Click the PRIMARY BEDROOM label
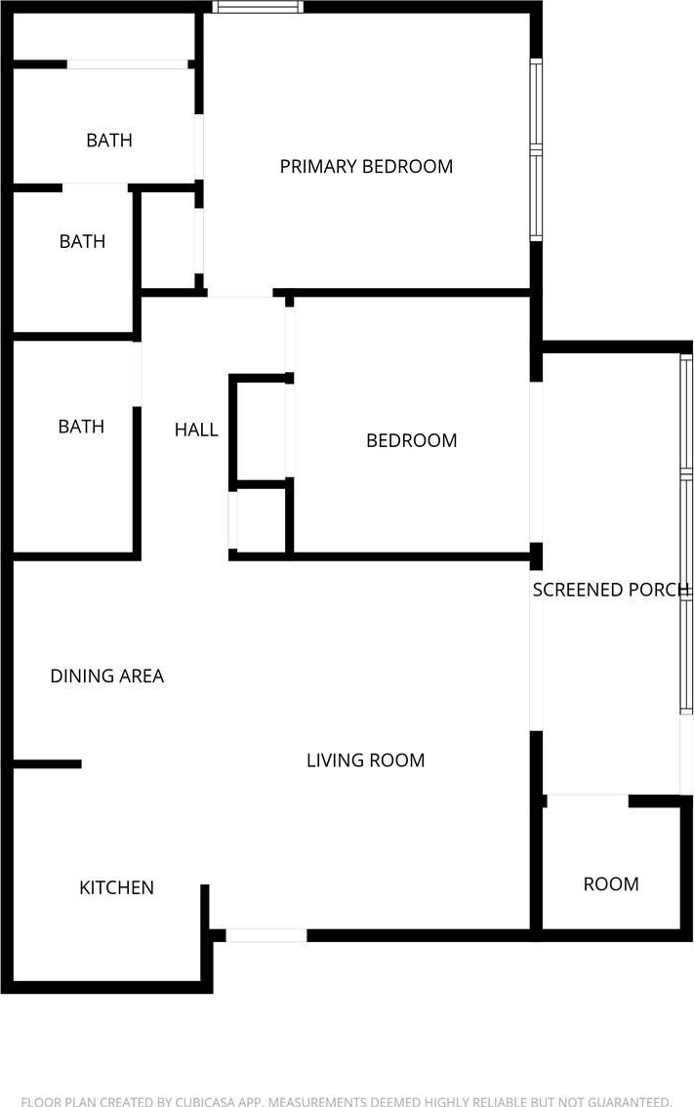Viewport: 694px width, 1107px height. point(366,166)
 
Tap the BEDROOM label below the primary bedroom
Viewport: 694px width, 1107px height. point(411,440)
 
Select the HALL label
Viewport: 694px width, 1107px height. point(196,430)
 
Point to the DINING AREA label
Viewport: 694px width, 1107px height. point(106,676)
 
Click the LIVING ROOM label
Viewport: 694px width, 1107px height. point(365,759)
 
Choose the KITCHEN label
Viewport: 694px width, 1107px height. point(116,887)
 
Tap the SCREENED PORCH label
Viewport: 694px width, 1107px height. point(611,590)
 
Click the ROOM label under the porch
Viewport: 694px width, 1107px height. point(611,883)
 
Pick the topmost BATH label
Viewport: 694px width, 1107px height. point(109,140)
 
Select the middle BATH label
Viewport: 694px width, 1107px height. point(82,241)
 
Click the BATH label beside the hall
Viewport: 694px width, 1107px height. point(81,427)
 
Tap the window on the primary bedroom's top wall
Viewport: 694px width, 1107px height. point(258,7)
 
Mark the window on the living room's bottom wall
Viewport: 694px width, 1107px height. point(266,935)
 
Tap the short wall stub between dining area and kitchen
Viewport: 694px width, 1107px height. point(47,763)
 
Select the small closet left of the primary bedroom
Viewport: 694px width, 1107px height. point(170,240)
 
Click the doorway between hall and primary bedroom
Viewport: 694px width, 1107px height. point(240,293)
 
